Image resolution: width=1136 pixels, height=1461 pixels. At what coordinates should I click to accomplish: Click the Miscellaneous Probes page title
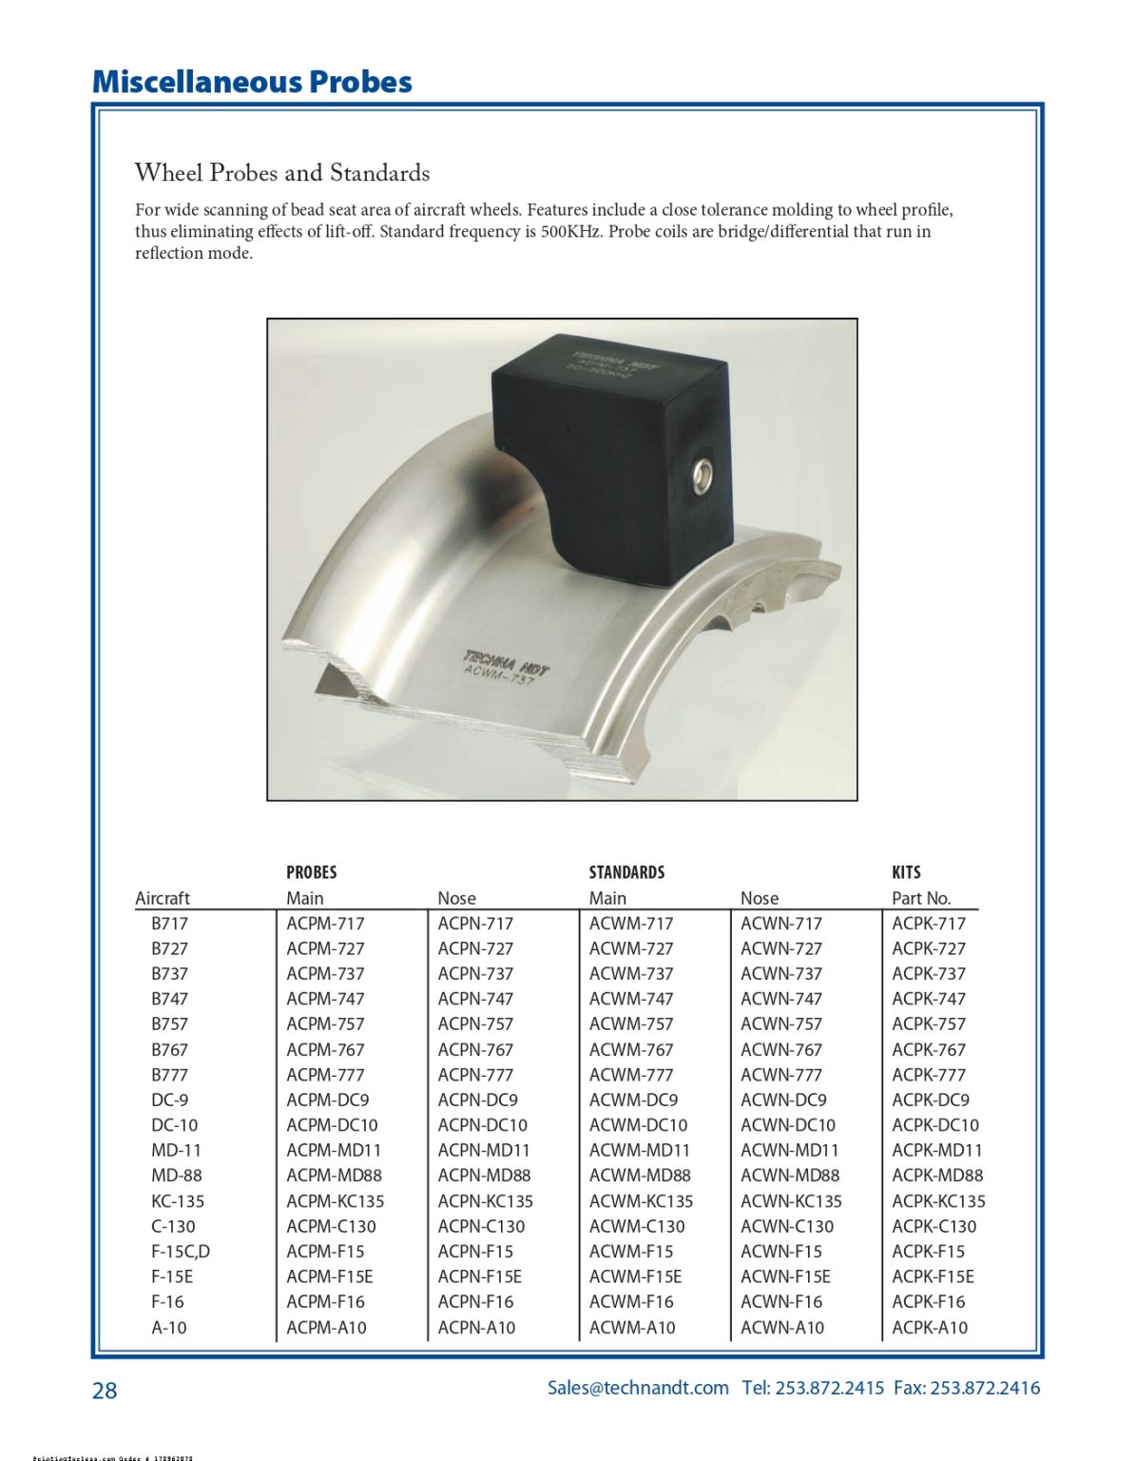252,82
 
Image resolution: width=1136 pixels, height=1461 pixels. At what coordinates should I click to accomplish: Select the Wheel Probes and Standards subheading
281,173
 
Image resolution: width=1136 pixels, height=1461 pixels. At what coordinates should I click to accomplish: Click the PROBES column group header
311,872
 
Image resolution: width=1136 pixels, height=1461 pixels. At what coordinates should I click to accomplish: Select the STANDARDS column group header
626,872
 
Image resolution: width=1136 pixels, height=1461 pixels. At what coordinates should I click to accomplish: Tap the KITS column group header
906,872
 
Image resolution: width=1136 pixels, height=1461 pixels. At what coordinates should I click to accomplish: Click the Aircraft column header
163,898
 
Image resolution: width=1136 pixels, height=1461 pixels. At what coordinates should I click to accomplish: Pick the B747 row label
169,999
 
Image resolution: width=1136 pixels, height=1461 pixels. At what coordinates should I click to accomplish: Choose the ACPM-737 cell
325,973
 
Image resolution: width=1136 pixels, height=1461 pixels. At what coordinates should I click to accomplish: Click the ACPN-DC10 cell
482,1125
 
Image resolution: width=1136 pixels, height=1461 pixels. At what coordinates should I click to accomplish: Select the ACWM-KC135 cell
641,1201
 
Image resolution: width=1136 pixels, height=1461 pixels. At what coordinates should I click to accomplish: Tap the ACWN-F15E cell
785,1276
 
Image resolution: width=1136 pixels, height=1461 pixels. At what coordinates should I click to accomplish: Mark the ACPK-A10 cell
930,1327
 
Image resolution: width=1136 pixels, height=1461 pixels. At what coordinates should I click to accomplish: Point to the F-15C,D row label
181,1252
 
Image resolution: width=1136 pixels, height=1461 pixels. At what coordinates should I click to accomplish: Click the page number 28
105,1391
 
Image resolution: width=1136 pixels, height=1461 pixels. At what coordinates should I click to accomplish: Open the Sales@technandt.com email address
638,1388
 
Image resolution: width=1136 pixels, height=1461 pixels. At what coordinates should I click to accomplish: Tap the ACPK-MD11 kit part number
937,1150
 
